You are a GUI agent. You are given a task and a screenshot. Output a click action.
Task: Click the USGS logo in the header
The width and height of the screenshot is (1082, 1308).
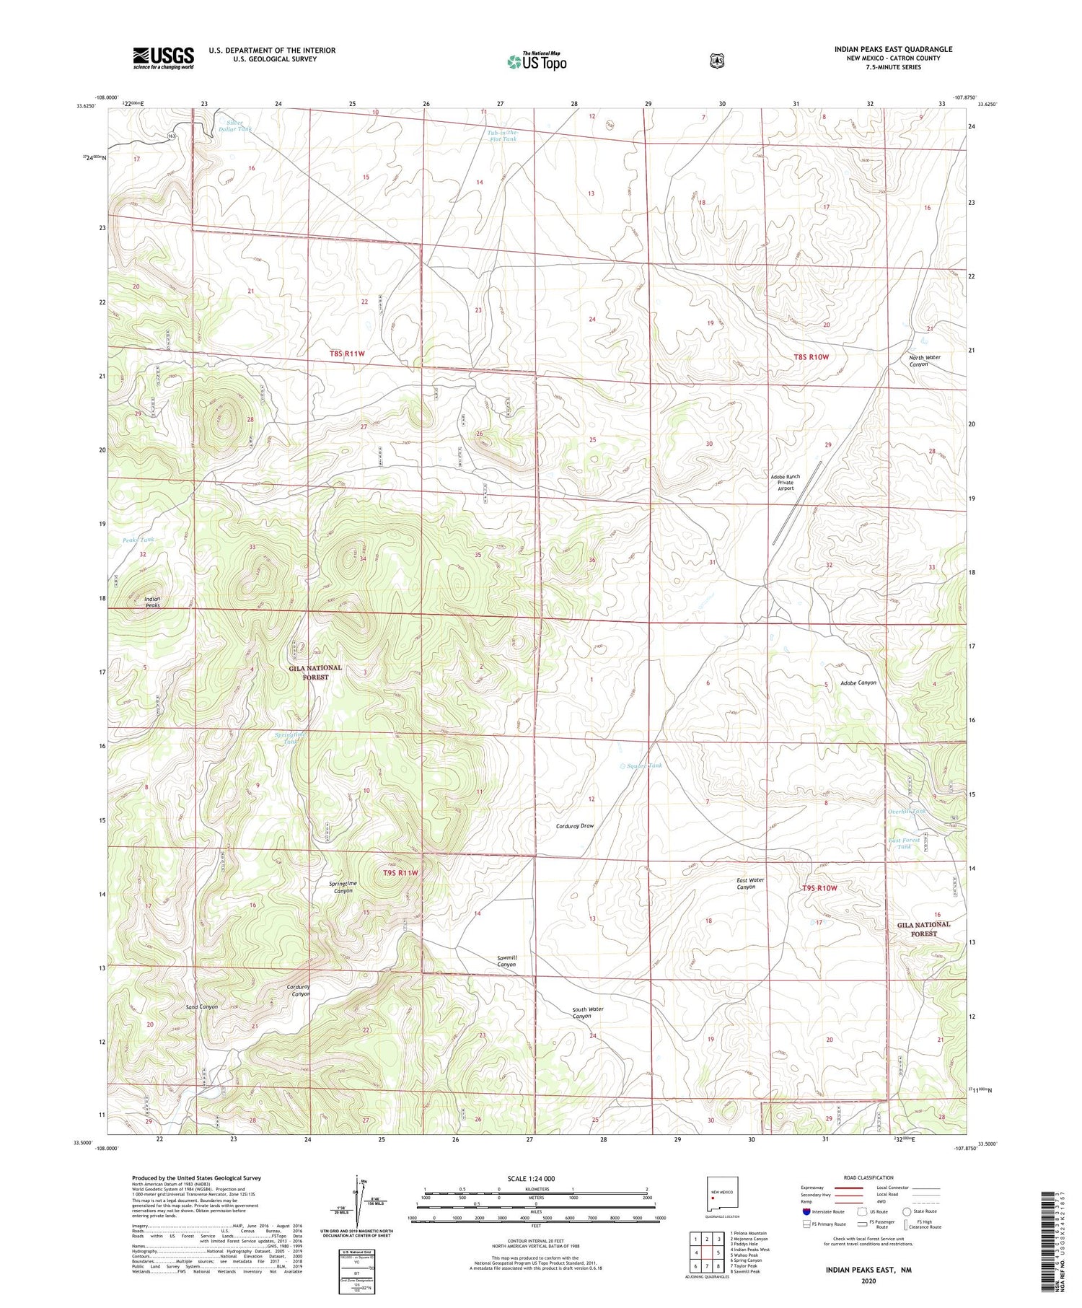click(x=163, y=58)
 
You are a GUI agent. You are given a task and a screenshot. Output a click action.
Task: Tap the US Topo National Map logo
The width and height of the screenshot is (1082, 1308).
click(x=537, y=61)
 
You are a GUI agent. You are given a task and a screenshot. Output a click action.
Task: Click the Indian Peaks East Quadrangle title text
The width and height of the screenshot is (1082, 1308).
click(x=893, y=49)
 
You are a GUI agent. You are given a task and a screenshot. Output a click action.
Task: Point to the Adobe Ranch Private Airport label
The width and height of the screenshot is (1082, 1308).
click(x=785, y=482)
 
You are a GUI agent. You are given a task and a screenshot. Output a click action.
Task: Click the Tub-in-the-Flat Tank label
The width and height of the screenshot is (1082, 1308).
click(x=503, y=136)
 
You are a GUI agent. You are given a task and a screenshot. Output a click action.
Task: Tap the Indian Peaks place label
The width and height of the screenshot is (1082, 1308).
click(x=152, y=602)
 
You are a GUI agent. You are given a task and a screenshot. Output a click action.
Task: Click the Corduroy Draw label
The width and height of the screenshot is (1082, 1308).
click(x=575, y=825)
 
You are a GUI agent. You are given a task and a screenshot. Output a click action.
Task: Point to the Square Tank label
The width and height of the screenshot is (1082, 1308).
click(x=644, y=765)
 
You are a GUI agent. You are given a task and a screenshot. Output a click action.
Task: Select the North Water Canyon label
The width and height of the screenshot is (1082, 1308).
click(x=924, y=361)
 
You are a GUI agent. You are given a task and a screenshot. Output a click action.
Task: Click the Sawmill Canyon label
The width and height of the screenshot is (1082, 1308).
click(x=506, y=960)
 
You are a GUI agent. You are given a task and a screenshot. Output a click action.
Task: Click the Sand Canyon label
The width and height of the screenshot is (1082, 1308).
click(x=201, y=1006)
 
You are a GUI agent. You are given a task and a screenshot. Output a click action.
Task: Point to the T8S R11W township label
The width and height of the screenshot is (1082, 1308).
click(x=348, y=354)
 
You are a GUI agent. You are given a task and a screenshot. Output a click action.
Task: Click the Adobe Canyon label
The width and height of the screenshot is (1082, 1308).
click(x=858, y=682)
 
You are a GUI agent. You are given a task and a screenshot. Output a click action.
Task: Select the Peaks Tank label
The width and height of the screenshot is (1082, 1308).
click(x=138, y=540)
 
